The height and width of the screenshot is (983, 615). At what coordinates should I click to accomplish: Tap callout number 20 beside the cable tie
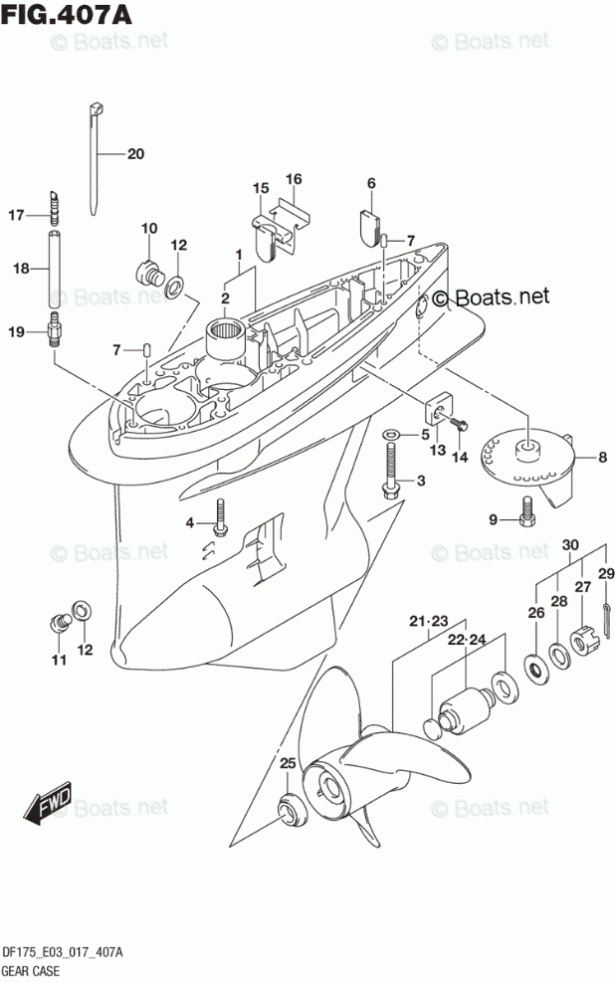(135, 153)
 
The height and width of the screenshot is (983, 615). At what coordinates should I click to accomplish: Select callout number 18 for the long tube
(21, 268)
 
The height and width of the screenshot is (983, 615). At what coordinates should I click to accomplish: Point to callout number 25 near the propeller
(288, 763)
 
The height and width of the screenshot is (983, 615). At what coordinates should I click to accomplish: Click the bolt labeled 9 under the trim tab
(527, 511)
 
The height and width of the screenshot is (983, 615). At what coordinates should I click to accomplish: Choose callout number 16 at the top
(294, 179)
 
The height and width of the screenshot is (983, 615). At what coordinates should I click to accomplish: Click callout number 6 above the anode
(371, 183)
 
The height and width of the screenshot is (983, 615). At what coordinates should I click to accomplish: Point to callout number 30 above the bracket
(569, 544)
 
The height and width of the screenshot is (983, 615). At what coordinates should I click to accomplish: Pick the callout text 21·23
(429, 622)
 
